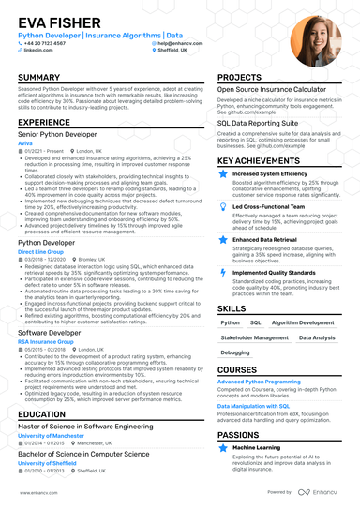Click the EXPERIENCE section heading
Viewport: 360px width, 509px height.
click(x=45, y=122)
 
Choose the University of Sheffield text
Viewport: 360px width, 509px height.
click(x=47, y=462)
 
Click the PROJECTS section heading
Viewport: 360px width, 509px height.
click(x=240, y=77)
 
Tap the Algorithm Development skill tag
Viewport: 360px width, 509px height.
click(x=301, y=322)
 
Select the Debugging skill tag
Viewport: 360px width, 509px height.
click(x=235, y=353)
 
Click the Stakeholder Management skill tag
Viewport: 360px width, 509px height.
click(x=255, y=337)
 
